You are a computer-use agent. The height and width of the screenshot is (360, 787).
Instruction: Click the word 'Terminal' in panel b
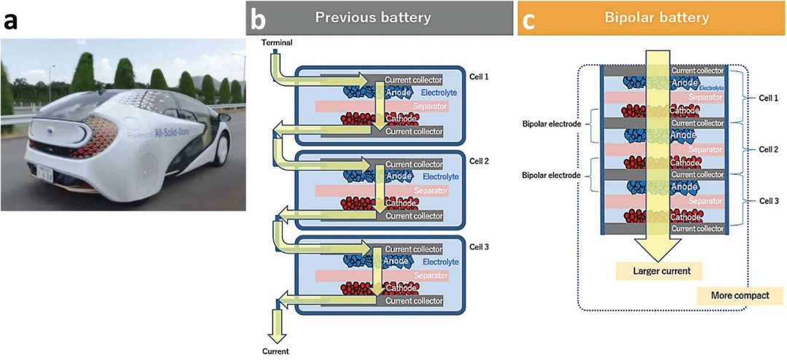(278, 43)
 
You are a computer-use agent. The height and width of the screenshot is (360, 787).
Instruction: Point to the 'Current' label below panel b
(276, 351)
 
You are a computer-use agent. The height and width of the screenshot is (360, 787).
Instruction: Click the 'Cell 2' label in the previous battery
(479, 161)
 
